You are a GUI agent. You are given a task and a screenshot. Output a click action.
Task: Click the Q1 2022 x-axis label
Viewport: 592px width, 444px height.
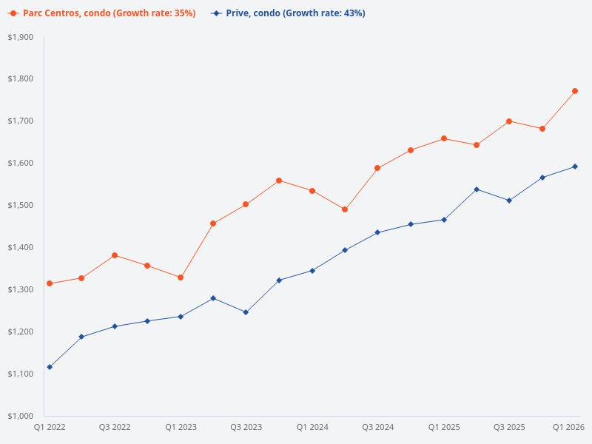point(50,428)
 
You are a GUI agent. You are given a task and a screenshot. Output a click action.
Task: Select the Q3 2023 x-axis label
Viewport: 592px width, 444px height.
point(246,428)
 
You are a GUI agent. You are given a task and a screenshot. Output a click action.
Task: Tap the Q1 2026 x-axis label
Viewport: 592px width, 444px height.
point(569,428)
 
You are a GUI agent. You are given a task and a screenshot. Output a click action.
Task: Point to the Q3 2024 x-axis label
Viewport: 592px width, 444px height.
point(377,428)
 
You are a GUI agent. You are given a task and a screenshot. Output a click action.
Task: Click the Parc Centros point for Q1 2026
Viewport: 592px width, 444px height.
point(575,91)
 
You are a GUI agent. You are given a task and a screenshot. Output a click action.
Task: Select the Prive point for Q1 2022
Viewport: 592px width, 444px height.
point(50,367)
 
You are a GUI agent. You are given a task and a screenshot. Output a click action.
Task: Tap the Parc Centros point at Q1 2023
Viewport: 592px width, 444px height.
point(181,277)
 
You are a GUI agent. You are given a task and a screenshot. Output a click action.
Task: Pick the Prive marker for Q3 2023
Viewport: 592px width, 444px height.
point(246,312)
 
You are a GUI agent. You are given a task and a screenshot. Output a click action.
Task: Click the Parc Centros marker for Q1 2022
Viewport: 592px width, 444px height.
point(50,283)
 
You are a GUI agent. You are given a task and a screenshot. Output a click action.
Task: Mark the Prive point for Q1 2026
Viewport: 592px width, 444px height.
point(575,166)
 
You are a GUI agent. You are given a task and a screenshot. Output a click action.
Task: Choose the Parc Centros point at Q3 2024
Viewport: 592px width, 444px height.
point(377,168)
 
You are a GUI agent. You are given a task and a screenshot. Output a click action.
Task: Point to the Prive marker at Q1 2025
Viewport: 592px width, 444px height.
point(443,220)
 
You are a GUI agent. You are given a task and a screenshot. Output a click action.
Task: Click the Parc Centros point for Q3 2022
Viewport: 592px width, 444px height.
point(115,255)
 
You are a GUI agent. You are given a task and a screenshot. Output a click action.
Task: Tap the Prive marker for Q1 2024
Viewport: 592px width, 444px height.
point(312,271)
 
